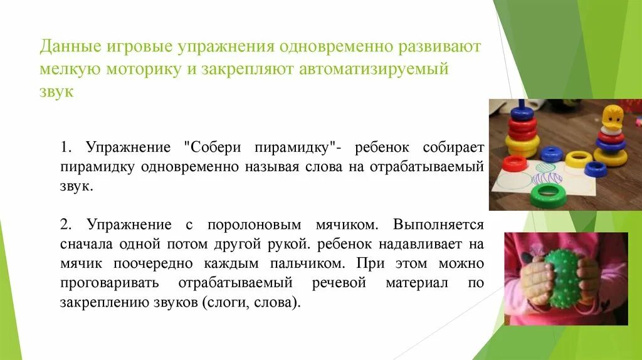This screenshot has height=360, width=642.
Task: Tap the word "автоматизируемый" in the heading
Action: click(x=384, y=69)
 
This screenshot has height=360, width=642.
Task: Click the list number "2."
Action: click(x=68, y=225)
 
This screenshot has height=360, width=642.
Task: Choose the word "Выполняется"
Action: click(x=439, y=225)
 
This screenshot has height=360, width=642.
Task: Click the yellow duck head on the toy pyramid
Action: click(x=611, y=118)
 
